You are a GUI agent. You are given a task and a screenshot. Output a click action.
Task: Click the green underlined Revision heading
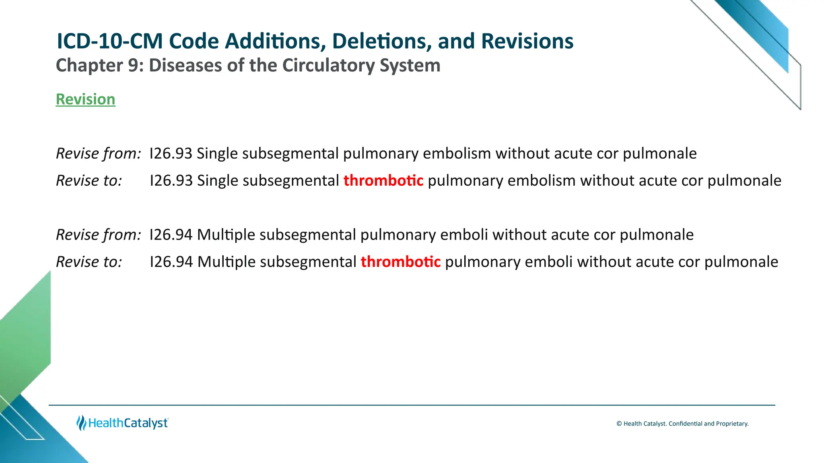(85, 99)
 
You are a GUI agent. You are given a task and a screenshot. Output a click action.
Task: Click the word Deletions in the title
(382, 41)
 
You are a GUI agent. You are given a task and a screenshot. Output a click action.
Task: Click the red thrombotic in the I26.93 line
(383, 180)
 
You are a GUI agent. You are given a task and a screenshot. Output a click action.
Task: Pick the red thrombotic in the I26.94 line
(400, 262)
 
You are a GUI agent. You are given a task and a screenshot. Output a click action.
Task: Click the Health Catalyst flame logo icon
(81, 423)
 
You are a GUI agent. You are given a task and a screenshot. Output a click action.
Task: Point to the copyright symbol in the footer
(619, 424)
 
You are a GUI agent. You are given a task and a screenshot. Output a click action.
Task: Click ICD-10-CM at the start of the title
(109, 41)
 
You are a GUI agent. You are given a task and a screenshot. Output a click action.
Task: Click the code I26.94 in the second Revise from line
(171, 235)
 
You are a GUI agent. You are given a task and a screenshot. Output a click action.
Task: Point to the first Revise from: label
(98, 154)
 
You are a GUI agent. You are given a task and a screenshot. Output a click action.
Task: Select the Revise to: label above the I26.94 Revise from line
(89, 180)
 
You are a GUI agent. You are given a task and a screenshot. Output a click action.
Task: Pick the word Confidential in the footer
(685, 424)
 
